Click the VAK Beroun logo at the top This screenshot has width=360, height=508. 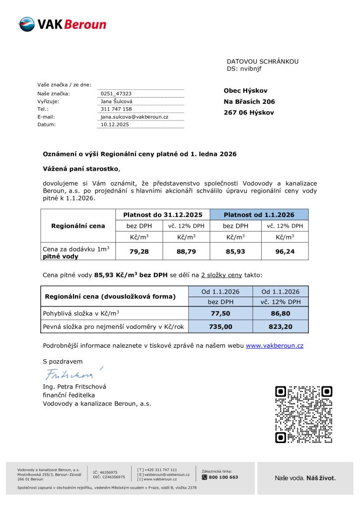pyautogui.click(x=62, y=24)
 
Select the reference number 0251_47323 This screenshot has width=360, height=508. pyautogui.click(x=116, y=93)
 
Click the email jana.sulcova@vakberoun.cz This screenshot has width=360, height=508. pyautogui.click(x=135, y=117)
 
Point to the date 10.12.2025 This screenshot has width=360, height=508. pyautogui.click(x=115, y=125)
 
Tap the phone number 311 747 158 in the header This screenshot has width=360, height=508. pyautogui.click(x=116, y=109)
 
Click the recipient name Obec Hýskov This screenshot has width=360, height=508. pyautogui.click(x=245, y=91)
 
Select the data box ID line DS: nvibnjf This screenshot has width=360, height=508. pyautogui.click(x=244, y=69)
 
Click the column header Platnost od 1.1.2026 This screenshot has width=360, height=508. pyautogui.click(x=259, y=215)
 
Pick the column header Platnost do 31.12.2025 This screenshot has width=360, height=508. pyautogui.click(x=162, y=215)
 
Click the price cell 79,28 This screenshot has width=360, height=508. pyautogui.click(x=139, y=252)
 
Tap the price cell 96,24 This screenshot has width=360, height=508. pyautogui.click(x=285, y=252)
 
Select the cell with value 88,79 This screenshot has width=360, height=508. pyautogui.click(x=187, y=252)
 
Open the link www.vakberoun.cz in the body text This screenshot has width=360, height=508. pyautogui.click(x=275, y=345)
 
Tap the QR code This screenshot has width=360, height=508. pyautogui.click(x=303, y=414)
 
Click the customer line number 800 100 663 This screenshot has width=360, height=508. pyautogui.click(x=223, y=477)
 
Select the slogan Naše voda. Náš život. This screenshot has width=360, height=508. pyautogui.click(x=305, y=478)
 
